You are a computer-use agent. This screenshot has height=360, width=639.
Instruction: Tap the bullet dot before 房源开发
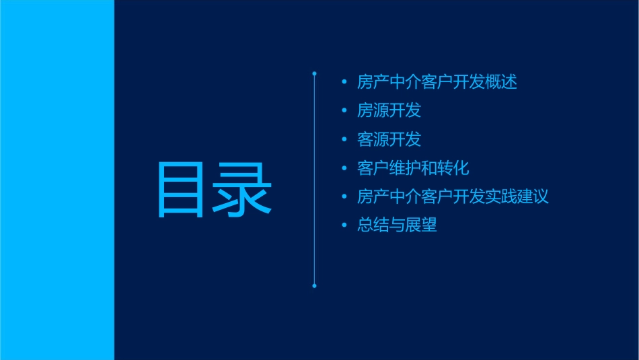coord(344,110)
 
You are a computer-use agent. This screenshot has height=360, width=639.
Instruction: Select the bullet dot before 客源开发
coord(344,139)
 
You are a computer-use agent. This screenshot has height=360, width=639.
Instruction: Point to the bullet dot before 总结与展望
coord(344,225)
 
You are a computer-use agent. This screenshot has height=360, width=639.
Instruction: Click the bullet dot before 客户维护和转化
coord(344,168)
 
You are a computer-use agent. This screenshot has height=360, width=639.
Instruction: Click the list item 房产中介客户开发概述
coord(437,82)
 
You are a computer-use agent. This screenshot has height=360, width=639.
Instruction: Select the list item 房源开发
coord(389,110)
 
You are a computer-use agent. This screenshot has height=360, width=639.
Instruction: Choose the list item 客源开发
coord(389,139)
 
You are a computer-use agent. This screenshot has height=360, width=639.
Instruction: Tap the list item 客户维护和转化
coord(413,168)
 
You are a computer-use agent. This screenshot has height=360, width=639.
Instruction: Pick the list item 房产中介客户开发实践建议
coord(453,196)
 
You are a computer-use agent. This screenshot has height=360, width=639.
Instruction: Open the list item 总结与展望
coord(397,225)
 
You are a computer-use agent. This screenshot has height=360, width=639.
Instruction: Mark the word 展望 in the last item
coord(421,225)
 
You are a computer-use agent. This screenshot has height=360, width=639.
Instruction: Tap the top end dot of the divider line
coord(314,72)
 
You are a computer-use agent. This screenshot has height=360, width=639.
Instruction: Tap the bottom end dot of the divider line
coord(314,286)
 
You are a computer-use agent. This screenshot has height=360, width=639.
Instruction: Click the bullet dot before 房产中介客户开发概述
coord(344,82)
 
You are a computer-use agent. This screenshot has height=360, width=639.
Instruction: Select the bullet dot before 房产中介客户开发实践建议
coord(344,196)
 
